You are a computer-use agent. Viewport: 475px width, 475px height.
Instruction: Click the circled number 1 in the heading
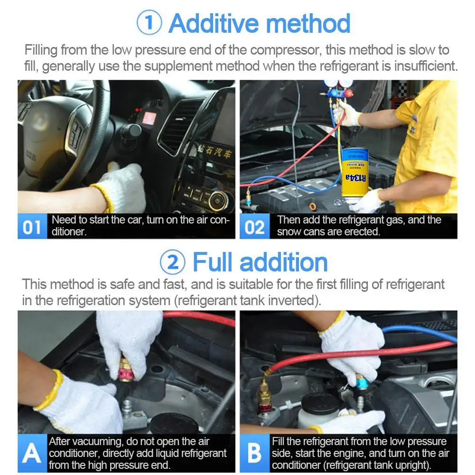tap(149, 22)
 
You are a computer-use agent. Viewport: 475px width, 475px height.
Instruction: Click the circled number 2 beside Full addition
tap(172, 262)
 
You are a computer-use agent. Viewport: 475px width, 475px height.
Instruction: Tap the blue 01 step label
tap(32, 226)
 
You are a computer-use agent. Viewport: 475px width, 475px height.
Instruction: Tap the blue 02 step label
tap(254, 226)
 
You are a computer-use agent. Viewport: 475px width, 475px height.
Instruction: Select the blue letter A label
tap(32, 453)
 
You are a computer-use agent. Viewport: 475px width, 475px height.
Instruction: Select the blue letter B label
tap(254, 453)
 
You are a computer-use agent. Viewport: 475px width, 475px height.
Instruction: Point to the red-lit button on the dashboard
tap(149, 118)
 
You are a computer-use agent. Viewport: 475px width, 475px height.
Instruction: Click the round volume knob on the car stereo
tap(217, 200)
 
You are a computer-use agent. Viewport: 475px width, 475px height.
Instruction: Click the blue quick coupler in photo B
tap(362, 382)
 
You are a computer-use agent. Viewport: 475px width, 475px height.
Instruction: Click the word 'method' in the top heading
tap(308, 23)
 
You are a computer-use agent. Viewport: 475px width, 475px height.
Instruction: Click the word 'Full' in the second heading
tap(213, 262)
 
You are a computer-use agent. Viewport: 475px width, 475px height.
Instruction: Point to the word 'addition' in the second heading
tap(284, 262)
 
